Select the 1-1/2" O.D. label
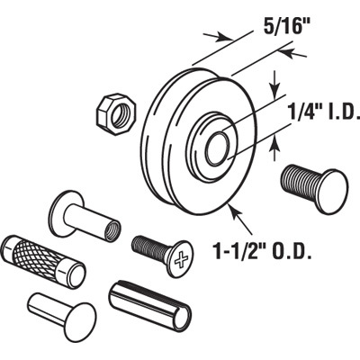(x=261, y=250)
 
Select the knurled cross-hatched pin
(x=44, y=261)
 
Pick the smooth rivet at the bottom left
(x=61, y=311)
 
